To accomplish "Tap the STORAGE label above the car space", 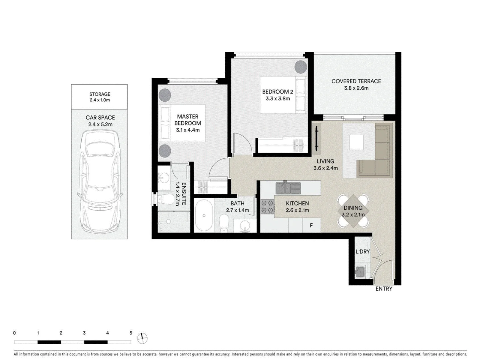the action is (100, 94).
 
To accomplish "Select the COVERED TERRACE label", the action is (356, 81).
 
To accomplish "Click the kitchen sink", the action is (288, 188).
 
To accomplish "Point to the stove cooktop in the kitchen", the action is (267, 207).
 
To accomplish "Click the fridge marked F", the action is (311, 225).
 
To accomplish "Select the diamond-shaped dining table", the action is (353, 211).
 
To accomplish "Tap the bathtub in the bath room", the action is (204, 215).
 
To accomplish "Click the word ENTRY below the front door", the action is (384, 289).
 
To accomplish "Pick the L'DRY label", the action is (363, 252).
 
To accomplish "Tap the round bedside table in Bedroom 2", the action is (301, 67).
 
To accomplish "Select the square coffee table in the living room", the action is (356, 142).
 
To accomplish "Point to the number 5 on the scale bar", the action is (131, 333).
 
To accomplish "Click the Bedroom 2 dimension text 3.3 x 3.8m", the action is (278, 99).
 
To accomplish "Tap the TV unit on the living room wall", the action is (316, 138).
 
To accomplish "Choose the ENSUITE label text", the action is (184, 194).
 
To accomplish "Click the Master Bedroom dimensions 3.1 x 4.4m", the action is (187, 130).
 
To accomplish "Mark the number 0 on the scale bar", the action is (14, 333).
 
